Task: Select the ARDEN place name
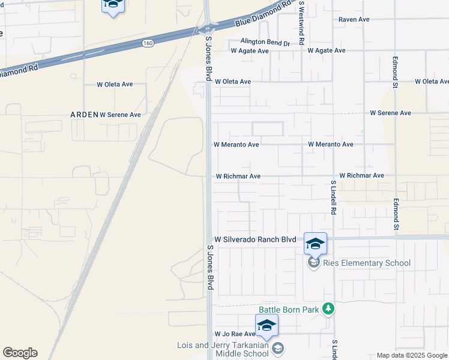click(84, 114)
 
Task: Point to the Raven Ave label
click(354, 19)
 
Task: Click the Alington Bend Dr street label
click(265, 43)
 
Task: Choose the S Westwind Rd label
click(302, 23)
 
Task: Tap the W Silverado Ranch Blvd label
click(255, 239)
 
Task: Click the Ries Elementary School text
click(367, 263)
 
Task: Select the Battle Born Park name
click(289, 310)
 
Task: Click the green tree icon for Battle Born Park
click(328, 308)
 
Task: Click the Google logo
click(20, 353)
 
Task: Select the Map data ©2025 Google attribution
click(411, 355)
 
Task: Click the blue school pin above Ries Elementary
click(315, 243)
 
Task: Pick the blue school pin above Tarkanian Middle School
click(266, 325)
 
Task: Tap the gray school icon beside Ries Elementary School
click(313, 263)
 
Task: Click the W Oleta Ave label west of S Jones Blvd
click(115, 84)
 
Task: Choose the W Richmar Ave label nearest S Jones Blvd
click(238, 176)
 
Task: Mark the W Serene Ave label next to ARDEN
click(120, 114)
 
